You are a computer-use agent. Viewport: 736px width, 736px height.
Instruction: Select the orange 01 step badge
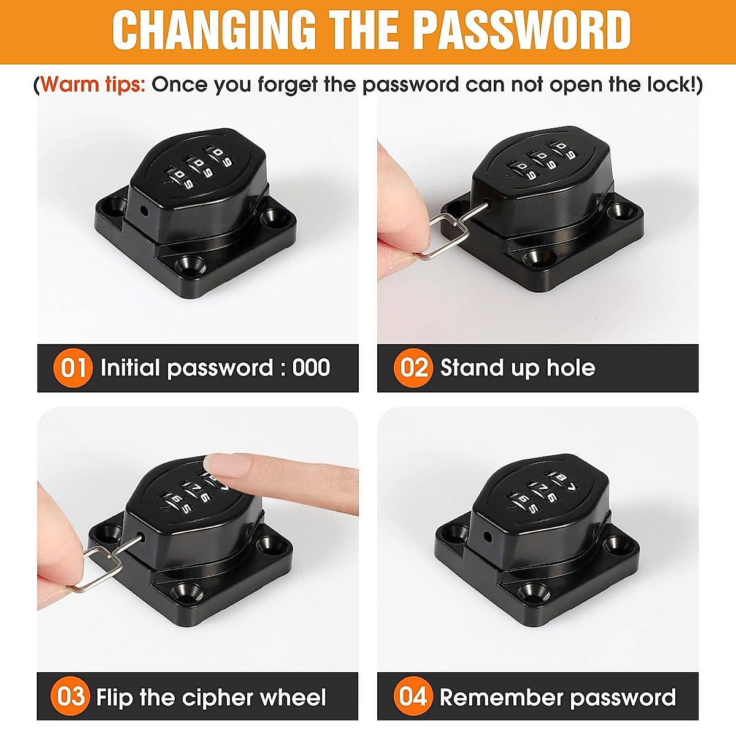73,368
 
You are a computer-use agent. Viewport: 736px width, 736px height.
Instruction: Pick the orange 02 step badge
413,368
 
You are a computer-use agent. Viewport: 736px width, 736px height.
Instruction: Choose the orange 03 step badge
71,697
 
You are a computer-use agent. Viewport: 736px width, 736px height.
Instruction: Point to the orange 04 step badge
413,697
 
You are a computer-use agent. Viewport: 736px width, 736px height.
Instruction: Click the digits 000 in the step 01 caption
312,368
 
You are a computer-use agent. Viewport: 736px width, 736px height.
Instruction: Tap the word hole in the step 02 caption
570,368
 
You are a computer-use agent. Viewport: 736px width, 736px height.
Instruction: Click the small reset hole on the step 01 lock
144,210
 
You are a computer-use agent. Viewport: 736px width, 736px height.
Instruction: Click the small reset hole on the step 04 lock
488,536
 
